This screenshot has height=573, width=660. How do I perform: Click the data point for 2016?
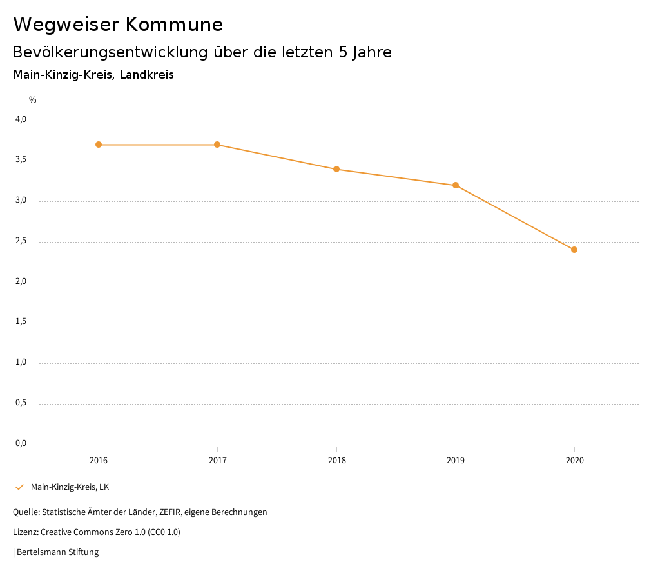(99, 145)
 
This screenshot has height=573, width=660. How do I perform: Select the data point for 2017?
(217, 145)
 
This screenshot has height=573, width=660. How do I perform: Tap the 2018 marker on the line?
(336, 169)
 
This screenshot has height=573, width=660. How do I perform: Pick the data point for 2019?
(456, 185)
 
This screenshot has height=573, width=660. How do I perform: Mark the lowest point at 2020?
(574, 250)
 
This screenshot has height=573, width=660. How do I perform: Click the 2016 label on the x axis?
(99, 461)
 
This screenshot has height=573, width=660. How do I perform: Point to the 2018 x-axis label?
(336, 461)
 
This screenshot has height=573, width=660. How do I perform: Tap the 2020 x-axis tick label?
(574, 461)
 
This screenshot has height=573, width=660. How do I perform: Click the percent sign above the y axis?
(33, 100)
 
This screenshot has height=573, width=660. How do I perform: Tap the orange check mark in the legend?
(19, 487)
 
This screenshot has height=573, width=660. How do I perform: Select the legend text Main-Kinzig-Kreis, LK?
(70, 487)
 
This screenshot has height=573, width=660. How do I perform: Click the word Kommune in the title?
(175, 25)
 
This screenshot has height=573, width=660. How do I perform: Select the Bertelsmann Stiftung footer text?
(57, 552)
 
